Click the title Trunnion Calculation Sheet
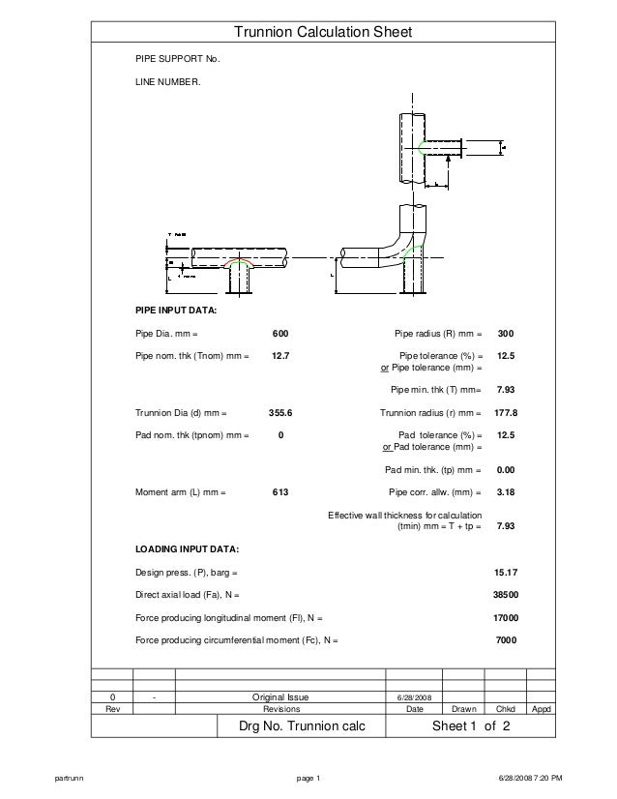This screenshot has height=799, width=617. click(x=323, y=33)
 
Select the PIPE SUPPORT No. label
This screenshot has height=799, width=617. click(x=177, y=60)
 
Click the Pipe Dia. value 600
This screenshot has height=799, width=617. click(x=280, y=334)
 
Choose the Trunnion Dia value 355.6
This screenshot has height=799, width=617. click(x=280, y=413)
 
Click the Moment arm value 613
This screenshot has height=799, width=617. click(x=280, y=492)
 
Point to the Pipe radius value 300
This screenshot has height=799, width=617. click(x=505, y=334)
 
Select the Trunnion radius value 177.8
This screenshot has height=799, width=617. click(x=505, y=413)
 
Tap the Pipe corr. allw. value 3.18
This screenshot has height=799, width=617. click(x=505, y=492)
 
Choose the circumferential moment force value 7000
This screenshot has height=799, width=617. click(x=505, y=640)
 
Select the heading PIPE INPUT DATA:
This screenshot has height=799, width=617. click(x=175, y=311)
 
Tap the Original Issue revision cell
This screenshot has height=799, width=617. click(x=279, y=696)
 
